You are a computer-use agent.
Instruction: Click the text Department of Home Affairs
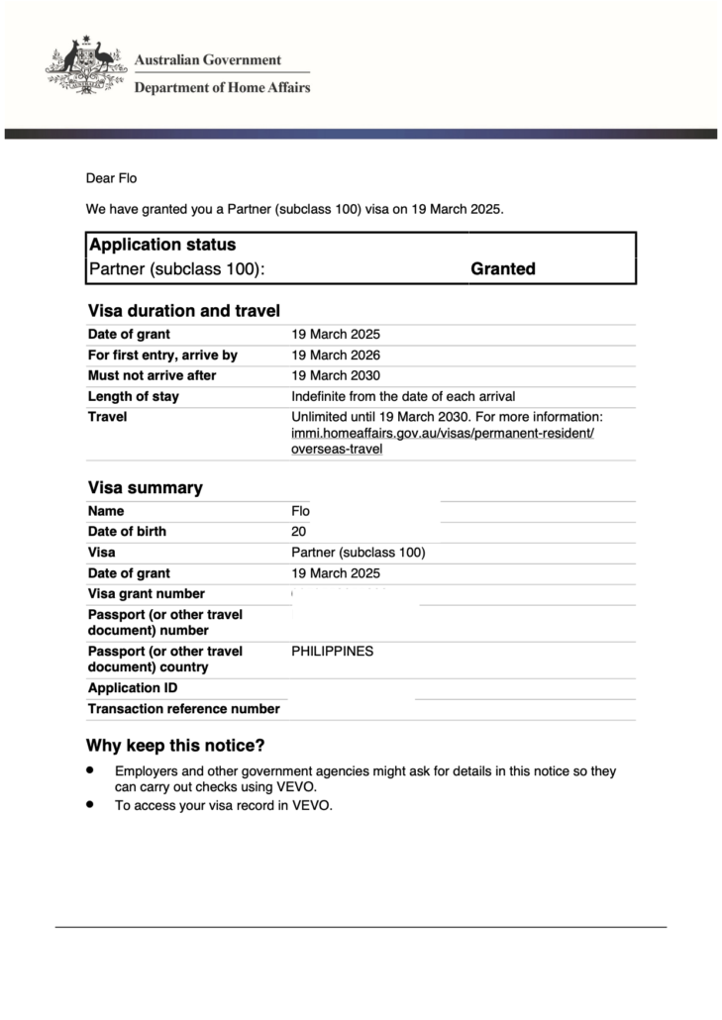[222, 87]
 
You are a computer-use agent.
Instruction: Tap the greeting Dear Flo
[111, 178]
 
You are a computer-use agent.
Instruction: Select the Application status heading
[162, 245]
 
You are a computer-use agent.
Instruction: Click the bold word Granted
[503, 268]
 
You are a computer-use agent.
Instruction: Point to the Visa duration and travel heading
[184, 311]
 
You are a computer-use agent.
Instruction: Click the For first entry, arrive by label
[162, 356]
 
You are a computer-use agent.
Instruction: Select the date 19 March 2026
[336, 356]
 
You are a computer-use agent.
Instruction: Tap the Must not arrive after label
[152, 376]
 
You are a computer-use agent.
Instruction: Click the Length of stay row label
[134, 397]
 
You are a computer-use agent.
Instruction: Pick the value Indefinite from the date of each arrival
[403, 397]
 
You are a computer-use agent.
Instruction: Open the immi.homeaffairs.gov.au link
[442, 434]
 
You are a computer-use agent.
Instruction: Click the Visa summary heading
[145, 487]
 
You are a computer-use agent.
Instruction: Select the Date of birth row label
[127, 532]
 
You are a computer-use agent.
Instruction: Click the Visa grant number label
[147, 594]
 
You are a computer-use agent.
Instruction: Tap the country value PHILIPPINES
[333, 652]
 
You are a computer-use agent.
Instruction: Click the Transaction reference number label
[183, 709]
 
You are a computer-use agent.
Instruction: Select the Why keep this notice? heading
[175, 746]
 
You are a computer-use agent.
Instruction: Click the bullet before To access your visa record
[90, 805]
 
